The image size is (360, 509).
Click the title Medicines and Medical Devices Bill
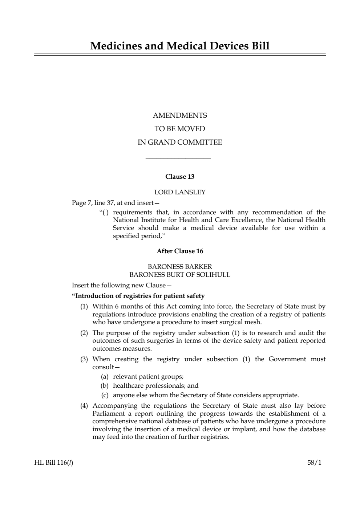coord(180,46)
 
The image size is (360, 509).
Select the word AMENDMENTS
coord(180,116)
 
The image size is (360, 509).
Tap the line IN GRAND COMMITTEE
coord(180,142)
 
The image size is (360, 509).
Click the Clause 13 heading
coord(180,177)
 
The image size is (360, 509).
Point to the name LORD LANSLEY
coord(180,192)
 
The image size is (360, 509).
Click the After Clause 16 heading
coord(180,251)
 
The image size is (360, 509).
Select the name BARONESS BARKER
coord(180,267)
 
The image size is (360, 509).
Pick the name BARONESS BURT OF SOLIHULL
coord(180,275)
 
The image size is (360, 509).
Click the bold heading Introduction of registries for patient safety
coord(138,296)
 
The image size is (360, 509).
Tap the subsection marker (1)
coord(84,307)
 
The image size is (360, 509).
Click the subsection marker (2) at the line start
coord(84,333)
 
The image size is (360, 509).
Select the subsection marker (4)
coord(84,406)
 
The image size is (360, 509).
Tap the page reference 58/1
coord(314,463)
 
